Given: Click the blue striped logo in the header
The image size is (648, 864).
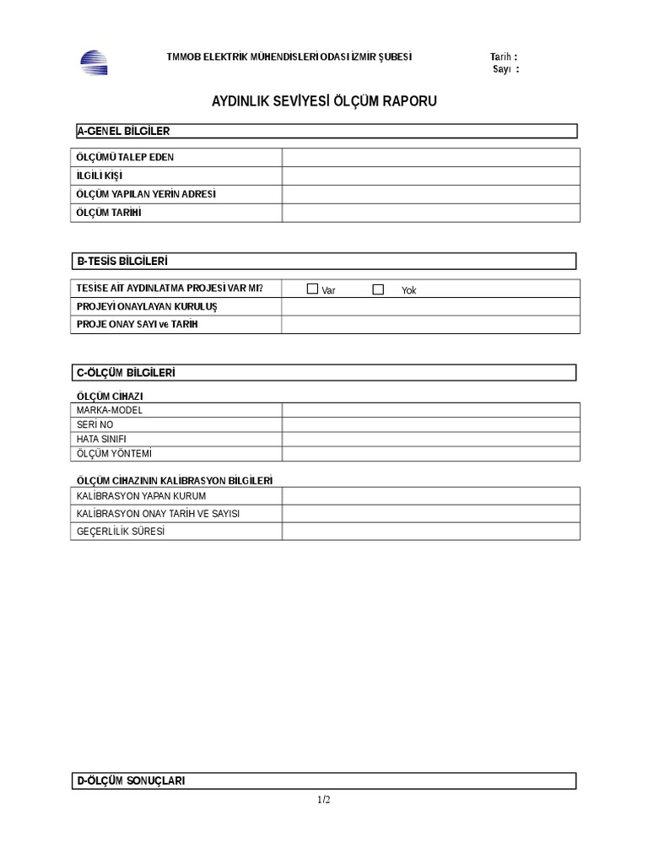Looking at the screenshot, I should (94, 63).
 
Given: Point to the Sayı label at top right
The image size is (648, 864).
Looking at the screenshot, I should (505, 69).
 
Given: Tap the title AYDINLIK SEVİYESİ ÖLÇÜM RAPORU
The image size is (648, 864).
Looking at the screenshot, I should (324, 102).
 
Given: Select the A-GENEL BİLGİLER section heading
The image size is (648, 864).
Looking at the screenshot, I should (123, 131).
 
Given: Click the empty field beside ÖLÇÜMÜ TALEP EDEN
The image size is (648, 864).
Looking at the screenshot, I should (430, 158).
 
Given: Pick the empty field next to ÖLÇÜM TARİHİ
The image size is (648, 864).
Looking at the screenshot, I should (430, 213).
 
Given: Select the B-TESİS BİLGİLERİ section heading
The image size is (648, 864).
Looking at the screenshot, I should (127, 261).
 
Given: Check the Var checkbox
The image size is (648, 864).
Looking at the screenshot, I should (312, 289).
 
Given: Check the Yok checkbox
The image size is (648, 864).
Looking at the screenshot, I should (378, 289).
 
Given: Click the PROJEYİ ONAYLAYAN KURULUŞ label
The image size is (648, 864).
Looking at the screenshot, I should (147, 306).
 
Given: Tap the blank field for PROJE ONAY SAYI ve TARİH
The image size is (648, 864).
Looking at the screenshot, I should (430, 325).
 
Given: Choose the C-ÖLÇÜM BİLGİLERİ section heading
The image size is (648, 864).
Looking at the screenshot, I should (126, 372).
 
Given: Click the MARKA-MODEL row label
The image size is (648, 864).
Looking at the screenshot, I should (110, 410).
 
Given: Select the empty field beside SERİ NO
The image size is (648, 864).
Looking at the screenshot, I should (430, 424).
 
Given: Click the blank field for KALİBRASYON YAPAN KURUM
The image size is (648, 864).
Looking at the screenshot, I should (430, 496).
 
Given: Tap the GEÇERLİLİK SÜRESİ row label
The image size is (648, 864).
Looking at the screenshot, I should (120, 532).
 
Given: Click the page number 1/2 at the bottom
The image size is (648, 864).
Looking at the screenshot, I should (324, 800).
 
